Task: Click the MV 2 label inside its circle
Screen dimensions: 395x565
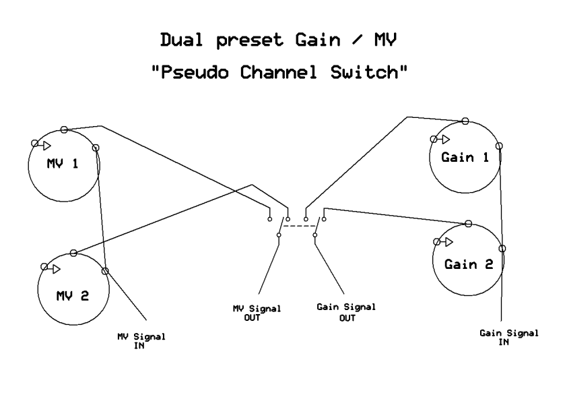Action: [x=72, y=295]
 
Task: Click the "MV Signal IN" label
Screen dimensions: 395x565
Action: [x=141, y=340]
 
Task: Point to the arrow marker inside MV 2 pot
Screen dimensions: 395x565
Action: [x=50, y=268]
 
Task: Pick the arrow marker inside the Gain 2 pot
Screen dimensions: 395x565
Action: [x=444, y=241]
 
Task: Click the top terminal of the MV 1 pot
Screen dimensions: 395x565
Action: [x=63, y=129]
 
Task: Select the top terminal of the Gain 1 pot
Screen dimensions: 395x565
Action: [x=465, y=121]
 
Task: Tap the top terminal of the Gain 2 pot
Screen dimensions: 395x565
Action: [x=467, y=223]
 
